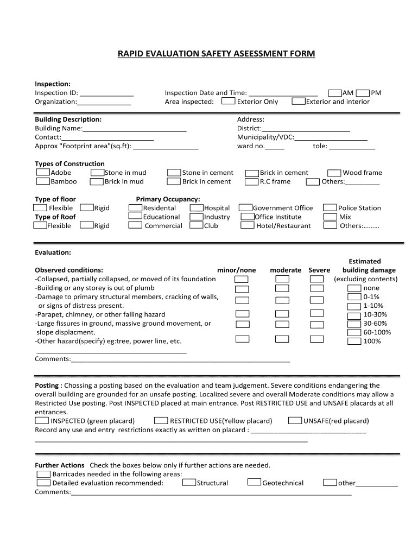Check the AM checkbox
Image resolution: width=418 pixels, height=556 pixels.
[334, 93]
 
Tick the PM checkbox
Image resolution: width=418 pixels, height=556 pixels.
[363, 93]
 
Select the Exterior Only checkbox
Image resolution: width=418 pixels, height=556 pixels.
[229, 102]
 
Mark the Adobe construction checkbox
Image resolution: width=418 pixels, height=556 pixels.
[43, 173]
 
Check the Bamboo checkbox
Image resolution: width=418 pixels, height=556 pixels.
[43, 181]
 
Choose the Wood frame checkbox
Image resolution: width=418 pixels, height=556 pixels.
[334, 173]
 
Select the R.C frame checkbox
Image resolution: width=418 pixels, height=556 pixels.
[251, 182]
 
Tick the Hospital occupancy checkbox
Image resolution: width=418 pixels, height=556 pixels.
[197, 208]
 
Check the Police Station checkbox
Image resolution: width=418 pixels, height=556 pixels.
[330, 208]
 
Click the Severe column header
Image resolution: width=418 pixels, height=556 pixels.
[319, 270]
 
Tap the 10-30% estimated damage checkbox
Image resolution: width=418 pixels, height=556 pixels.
[354, 315]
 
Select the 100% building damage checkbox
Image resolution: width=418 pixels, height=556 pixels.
[354, 342]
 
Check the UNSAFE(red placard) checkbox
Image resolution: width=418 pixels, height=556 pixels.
[295, 421]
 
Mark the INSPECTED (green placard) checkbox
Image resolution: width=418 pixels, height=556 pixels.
[41, 421]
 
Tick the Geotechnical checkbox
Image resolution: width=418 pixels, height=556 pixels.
[254, 483]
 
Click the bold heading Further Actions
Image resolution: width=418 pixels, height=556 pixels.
[60, 465]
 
